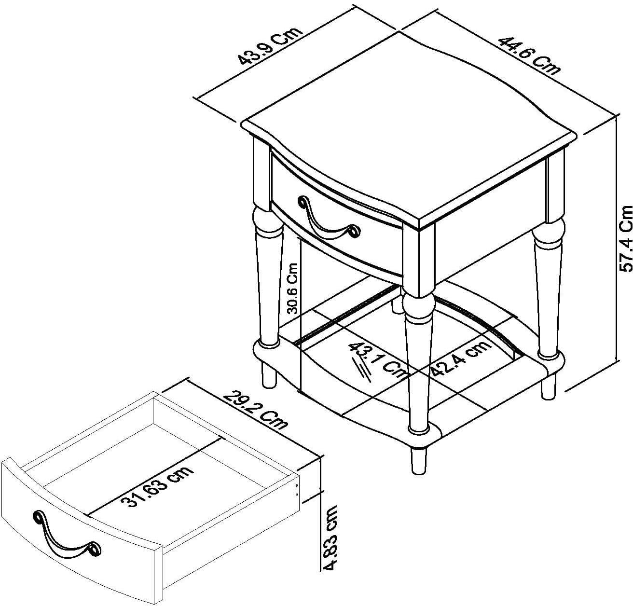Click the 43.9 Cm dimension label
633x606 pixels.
click(x=271, y=47)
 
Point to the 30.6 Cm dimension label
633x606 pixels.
click(x=294, y=289)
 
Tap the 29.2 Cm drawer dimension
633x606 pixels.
click(x=255, y=405)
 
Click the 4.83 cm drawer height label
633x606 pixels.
click(x=330, y=537)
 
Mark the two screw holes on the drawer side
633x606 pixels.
click(x=296, y=489)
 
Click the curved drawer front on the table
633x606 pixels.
click(x=338, y=212)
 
